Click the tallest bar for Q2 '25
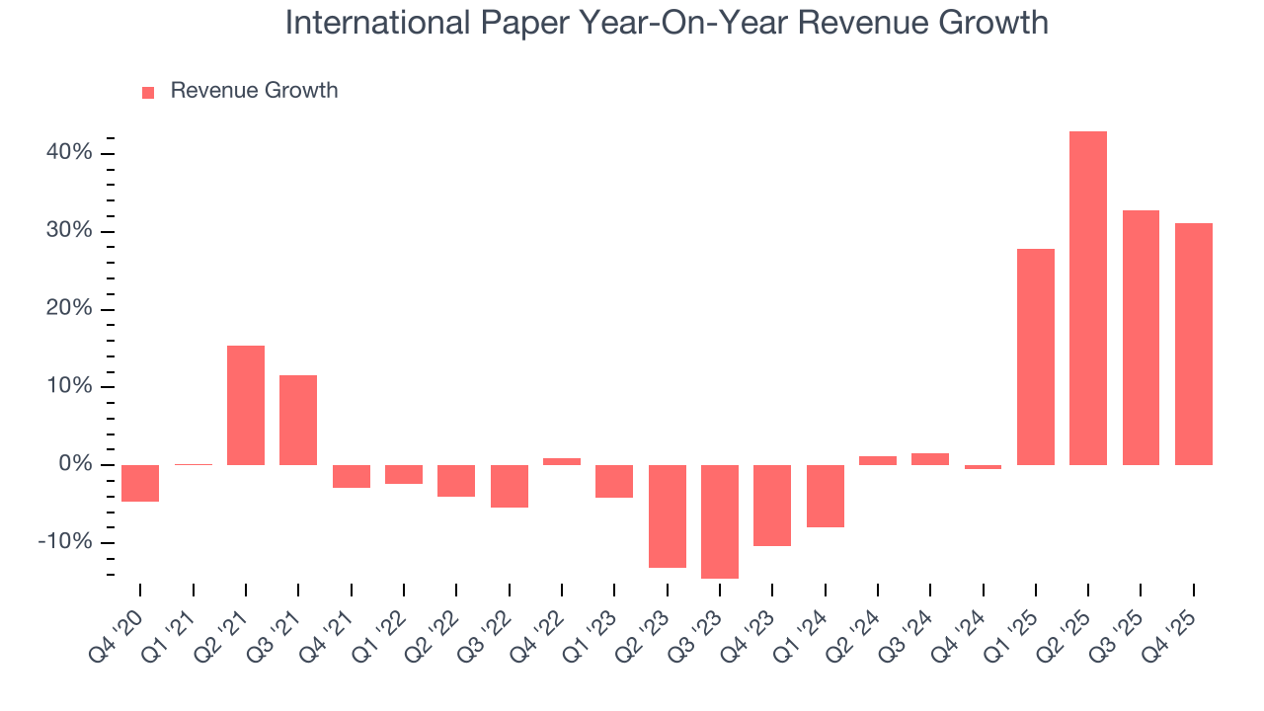tap(1087, 298)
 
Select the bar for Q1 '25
tap(1035, 356)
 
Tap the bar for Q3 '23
tap(720, 521)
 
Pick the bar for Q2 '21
tap(246, 405)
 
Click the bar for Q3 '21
tap(298, 420)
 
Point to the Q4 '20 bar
tap(140, 483)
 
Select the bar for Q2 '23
tap(668, 516)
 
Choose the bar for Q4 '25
tap(1193, 344)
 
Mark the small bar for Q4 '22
tap(562, 461)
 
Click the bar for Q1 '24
tap(825, 496)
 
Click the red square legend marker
tap(148, 92)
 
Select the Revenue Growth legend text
tap(254, 91)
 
